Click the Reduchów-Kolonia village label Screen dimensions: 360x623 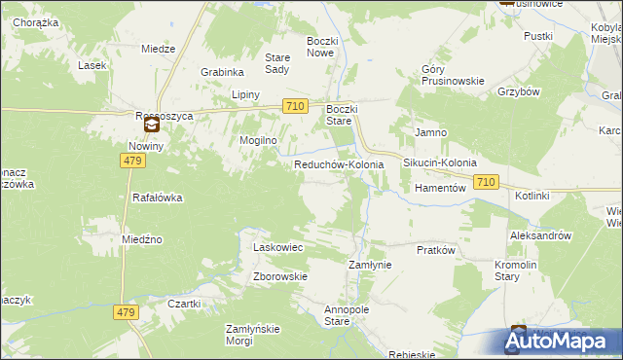[339, 165]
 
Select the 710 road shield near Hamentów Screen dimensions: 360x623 [488, 182]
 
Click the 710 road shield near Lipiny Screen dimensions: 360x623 [296, 105]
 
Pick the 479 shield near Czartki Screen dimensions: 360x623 [128, 312]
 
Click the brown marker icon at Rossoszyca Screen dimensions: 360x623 [152, 125]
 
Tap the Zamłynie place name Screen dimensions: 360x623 [370, 265]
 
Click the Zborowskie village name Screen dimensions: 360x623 [280, 276]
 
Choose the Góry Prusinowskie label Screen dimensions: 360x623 [453, 76]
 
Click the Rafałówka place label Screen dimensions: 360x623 [158, 198]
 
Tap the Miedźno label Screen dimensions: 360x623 [142, 239]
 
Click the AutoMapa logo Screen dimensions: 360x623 [560, 341]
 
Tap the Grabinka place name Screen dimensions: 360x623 [222, 72]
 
